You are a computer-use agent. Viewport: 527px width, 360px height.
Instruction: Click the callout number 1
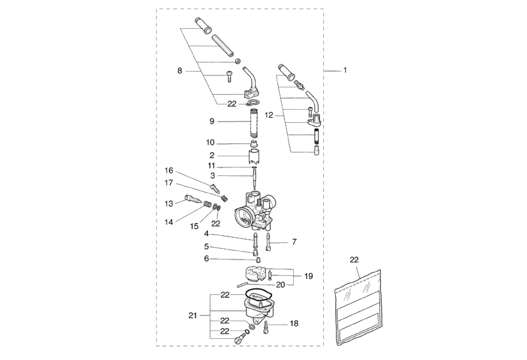(x=346, y=70)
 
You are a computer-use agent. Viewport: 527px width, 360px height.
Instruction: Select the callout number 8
(x=179, y=70)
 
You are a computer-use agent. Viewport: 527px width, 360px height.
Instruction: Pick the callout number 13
(x=169, y=204)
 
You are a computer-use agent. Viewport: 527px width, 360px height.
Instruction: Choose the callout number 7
(x=294, y=242)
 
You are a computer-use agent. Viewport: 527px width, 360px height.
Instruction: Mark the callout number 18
(x=294, y=324)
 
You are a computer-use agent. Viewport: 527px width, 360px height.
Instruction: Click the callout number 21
(x=193, y=316)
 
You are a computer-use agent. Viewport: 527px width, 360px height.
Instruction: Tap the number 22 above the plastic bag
(x=354, y=260)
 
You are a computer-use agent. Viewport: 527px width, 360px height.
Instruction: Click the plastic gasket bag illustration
(x=359, y=307)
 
